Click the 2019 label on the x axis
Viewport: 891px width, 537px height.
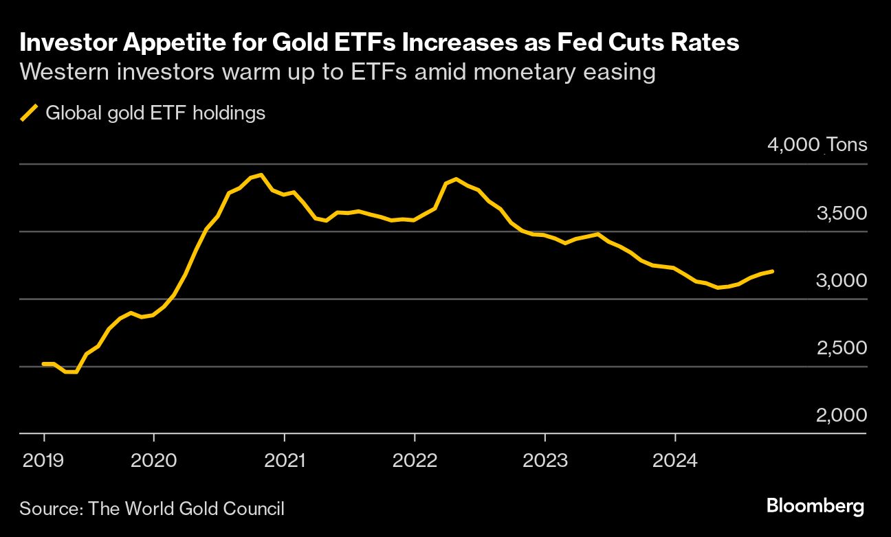click(x=43, y=460)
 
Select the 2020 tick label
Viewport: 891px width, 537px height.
click(x=154, y=460)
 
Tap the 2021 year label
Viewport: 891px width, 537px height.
click(x=284, y=460)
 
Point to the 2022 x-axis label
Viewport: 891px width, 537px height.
click(x=415, y=460)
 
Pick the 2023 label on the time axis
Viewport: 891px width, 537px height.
click(x=545, y=460)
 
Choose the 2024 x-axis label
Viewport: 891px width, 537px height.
click(x=675, y=460)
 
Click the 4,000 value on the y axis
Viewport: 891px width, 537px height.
click(x=793, y=145)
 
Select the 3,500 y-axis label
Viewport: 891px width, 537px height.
click(x=841, y=213)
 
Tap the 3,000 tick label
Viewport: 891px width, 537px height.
click(x=841, y=280)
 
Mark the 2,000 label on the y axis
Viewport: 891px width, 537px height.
click(x=841, y=415)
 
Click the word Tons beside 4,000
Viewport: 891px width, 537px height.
click(x=846, y=145)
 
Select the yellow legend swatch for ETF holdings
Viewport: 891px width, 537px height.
click(x=29, y=113)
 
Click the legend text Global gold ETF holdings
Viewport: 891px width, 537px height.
click(x=155, y=113)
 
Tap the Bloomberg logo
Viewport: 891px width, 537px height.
click(x=815, y=507)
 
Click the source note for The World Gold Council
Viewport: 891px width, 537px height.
click(x=152, y=509)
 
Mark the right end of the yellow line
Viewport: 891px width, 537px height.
click(x=773, y=271)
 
